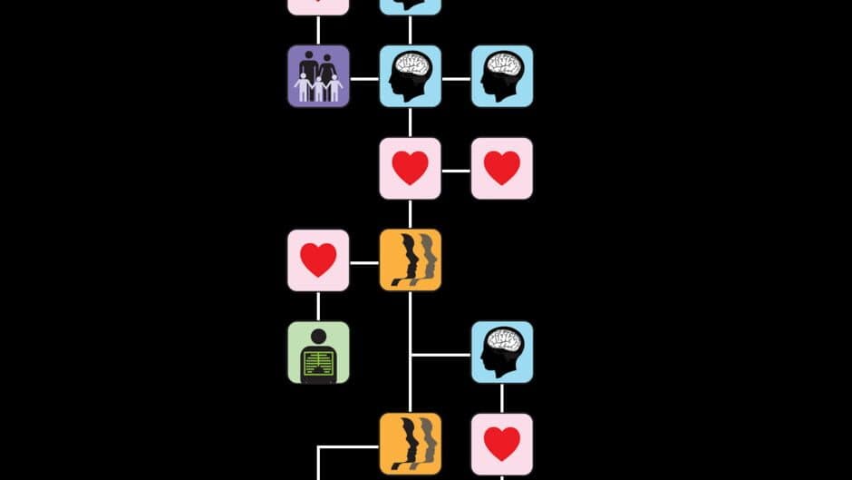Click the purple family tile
pos(318,76)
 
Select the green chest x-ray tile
pos(318,352)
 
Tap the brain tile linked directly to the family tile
pos(410,76)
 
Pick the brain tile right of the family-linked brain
pos(501,76)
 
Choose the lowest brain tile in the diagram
pos(501,352)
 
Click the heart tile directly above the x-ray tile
pos(318,260)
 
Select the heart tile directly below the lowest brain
pos(501,444)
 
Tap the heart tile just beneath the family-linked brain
pos(410,169)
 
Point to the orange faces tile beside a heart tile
pos(410,260)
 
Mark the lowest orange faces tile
pos(410,444)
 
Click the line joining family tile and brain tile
pos(364,78)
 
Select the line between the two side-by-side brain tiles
pos(456,78)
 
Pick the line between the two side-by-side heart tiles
pos(456,170)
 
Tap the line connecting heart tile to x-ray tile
pos(318,306)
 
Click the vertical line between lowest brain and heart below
pos(501,397)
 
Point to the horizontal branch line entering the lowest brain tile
pos(441,355)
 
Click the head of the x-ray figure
pos(318,337)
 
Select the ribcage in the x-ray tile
pos(318,364)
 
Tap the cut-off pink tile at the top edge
pos(318,6)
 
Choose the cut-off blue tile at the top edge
pos(410,6)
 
